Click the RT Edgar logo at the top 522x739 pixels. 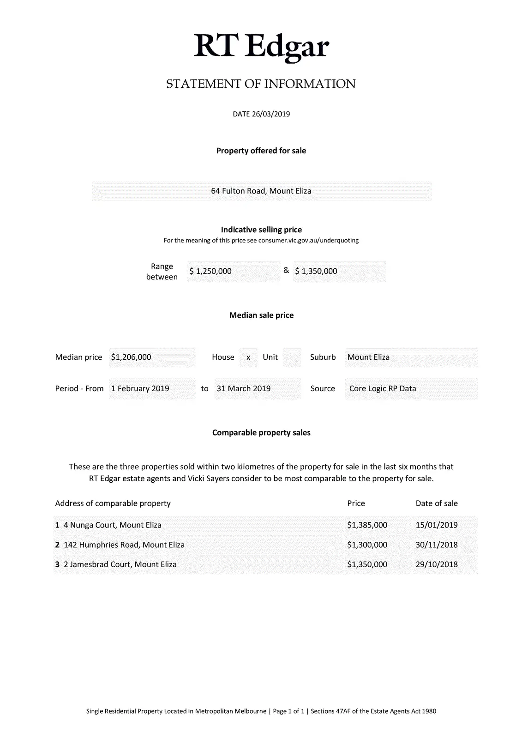coord(261,46)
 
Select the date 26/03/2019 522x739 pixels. coord(270,114)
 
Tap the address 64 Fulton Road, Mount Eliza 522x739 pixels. coord(261,191)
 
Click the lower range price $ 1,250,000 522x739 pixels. coord(210,272)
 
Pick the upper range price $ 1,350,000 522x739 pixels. coord(316,272)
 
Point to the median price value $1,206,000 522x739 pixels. coord(131,357)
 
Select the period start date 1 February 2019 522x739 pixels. coord(140,389)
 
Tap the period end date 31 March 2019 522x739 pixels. coord(244,389)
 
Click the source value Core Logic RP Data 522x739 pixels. coord(383,389)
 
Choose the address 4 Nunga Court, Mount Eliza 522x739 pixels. coord(113,525)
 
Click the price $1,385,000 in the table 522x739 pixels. coord(367,525)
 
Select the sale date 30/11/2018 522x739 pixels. coord(437,545)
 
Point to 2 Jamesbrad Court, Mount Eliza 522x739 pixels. coord(120,564)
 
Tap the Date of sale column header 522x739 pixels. coord(437,503)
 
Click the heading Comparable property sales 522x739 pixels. coord(261,433)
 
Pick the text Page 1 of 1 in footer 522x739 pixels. coord(289,711)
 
